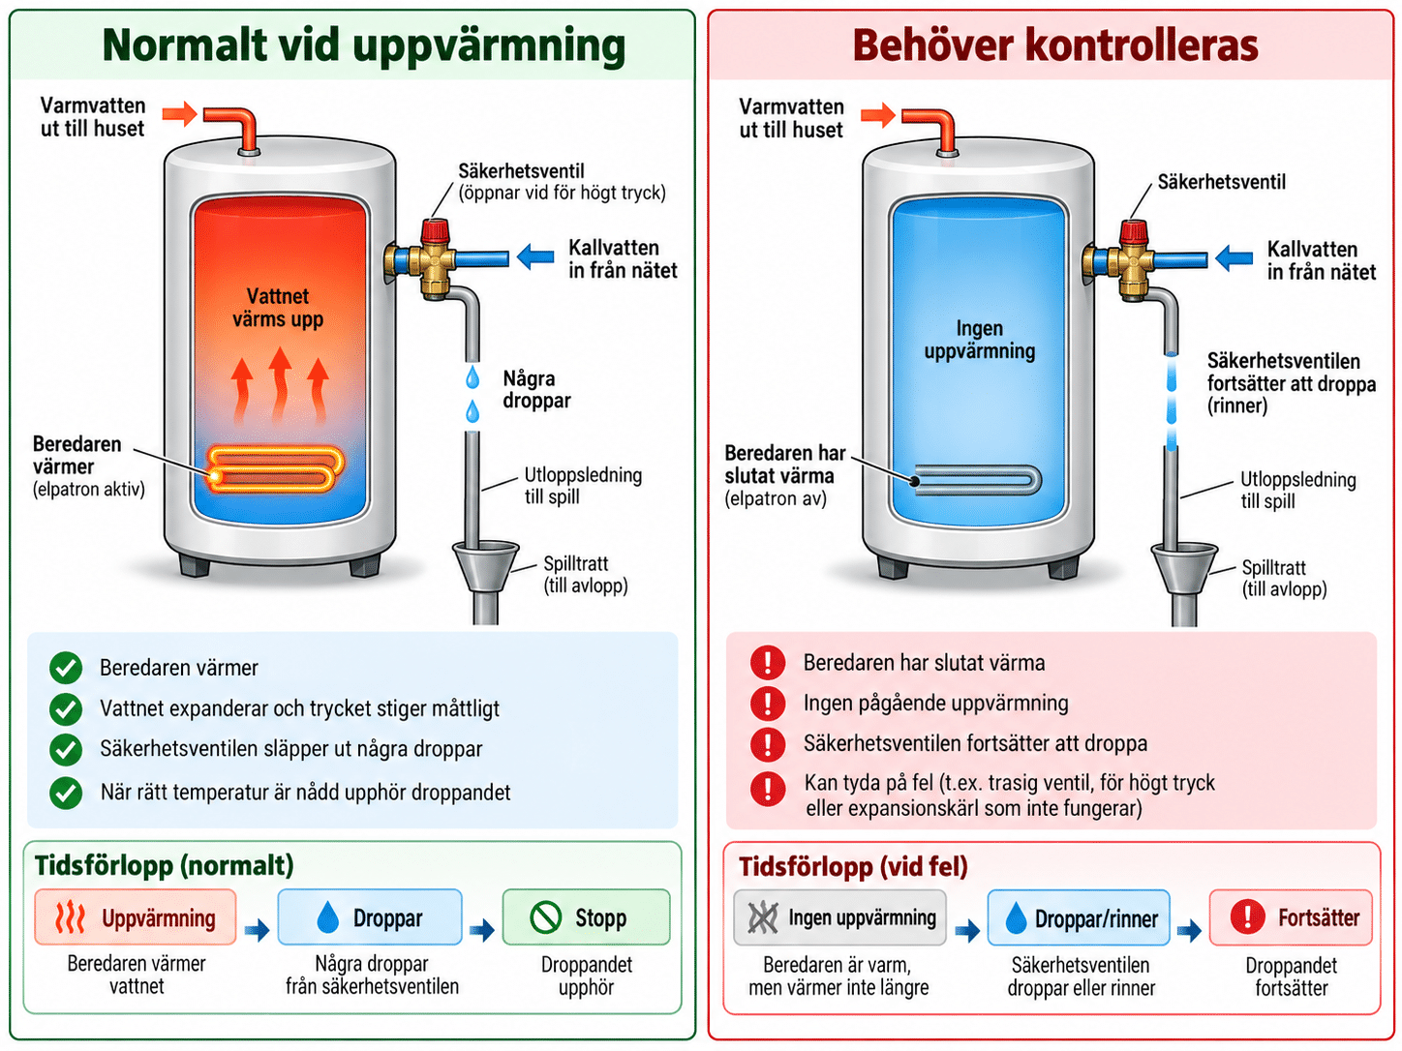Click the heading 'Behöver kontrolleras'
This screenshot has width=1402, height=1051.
pyautogui.click(x=1055, y=45)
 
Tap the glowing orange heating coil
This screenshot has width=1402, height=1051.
pyautogui.click(x=276, y=469)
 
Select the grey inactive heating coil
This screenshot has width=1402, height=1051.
pyautogui.click(x=975, y=480)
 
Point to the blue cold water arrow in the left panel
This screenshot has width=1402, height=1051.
pyautogui.click(x=535, y=257)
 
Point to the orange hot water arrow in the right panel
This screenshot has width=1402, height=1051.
pyautogui.click(x=878, y=115)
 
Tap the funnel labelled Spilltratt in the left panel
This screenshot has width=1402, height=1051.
pyautogui.click(x=485, y=566)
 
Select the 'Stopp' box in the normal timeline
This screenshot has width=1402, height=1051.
pyautogui.click(x=587, y=917)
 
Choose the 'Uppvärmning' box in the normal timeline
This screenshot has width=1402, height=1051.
pyautogui.click(x=136, y=917)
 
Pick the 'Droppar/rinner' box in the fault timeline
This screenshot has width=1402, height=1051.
pyautogui.click(x=1079, y=917)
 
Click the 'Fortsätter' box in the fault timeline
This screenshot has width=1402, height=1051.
pyautogui.click(x=1291, y=917)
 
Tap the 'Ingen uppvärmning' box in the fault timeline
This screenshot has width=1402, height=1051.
pyautogui.click(x=839, y=917)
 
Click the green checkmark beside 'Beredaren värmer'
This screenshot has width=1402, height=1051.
pyautogui.click(x=66, y=668)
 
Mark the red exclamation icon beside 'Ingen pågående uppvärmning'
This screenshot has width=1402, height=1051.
pyautogui.click(x=768, y=704)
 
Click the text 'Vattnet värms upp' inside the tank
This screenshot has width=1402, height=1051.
pyautogui.click(x=278, y=308)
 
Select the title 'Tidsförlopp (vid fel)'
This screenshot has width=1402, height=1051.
pyautogui.click(x=853, y=866)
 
